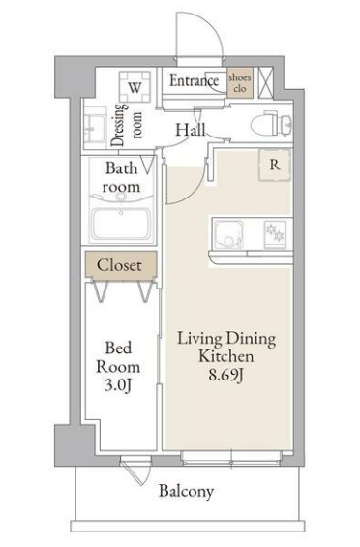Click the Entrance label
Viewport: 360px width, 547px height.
(194, 81)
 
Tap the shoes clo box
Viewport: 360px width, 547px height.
(240, 82)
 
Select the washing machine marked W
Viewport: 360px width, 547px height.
(135, 87)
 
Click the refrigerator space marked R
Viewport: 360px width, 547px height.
(275, 165)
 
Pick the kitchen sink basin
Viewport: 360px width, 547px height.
(228, 233)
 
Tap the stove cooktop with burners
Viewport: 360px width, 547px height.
(275, 232)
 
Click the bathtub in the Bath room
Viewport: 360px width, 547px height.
(121, 224)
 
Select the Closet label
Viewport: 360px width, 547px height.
(119, 265)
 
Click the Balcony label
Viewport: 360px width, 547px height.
(186, 492)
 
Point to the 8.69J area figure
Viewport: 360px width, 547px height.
(225, 375)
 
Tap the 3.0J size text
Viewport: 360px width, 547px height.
(118, 385)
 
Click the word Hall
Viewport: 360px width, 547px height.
(190, 130)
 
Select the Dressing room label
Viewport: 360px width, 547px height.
(126, 125)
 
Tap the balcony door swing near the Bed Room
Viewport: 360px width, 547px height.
(137, 471)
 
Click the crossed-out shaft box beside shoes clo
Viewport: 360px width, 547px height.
(265, 82)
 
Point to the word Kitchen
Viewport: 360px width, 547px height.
(225, 356)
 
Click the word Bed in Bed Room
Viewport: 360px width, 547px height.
(118, 348)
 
